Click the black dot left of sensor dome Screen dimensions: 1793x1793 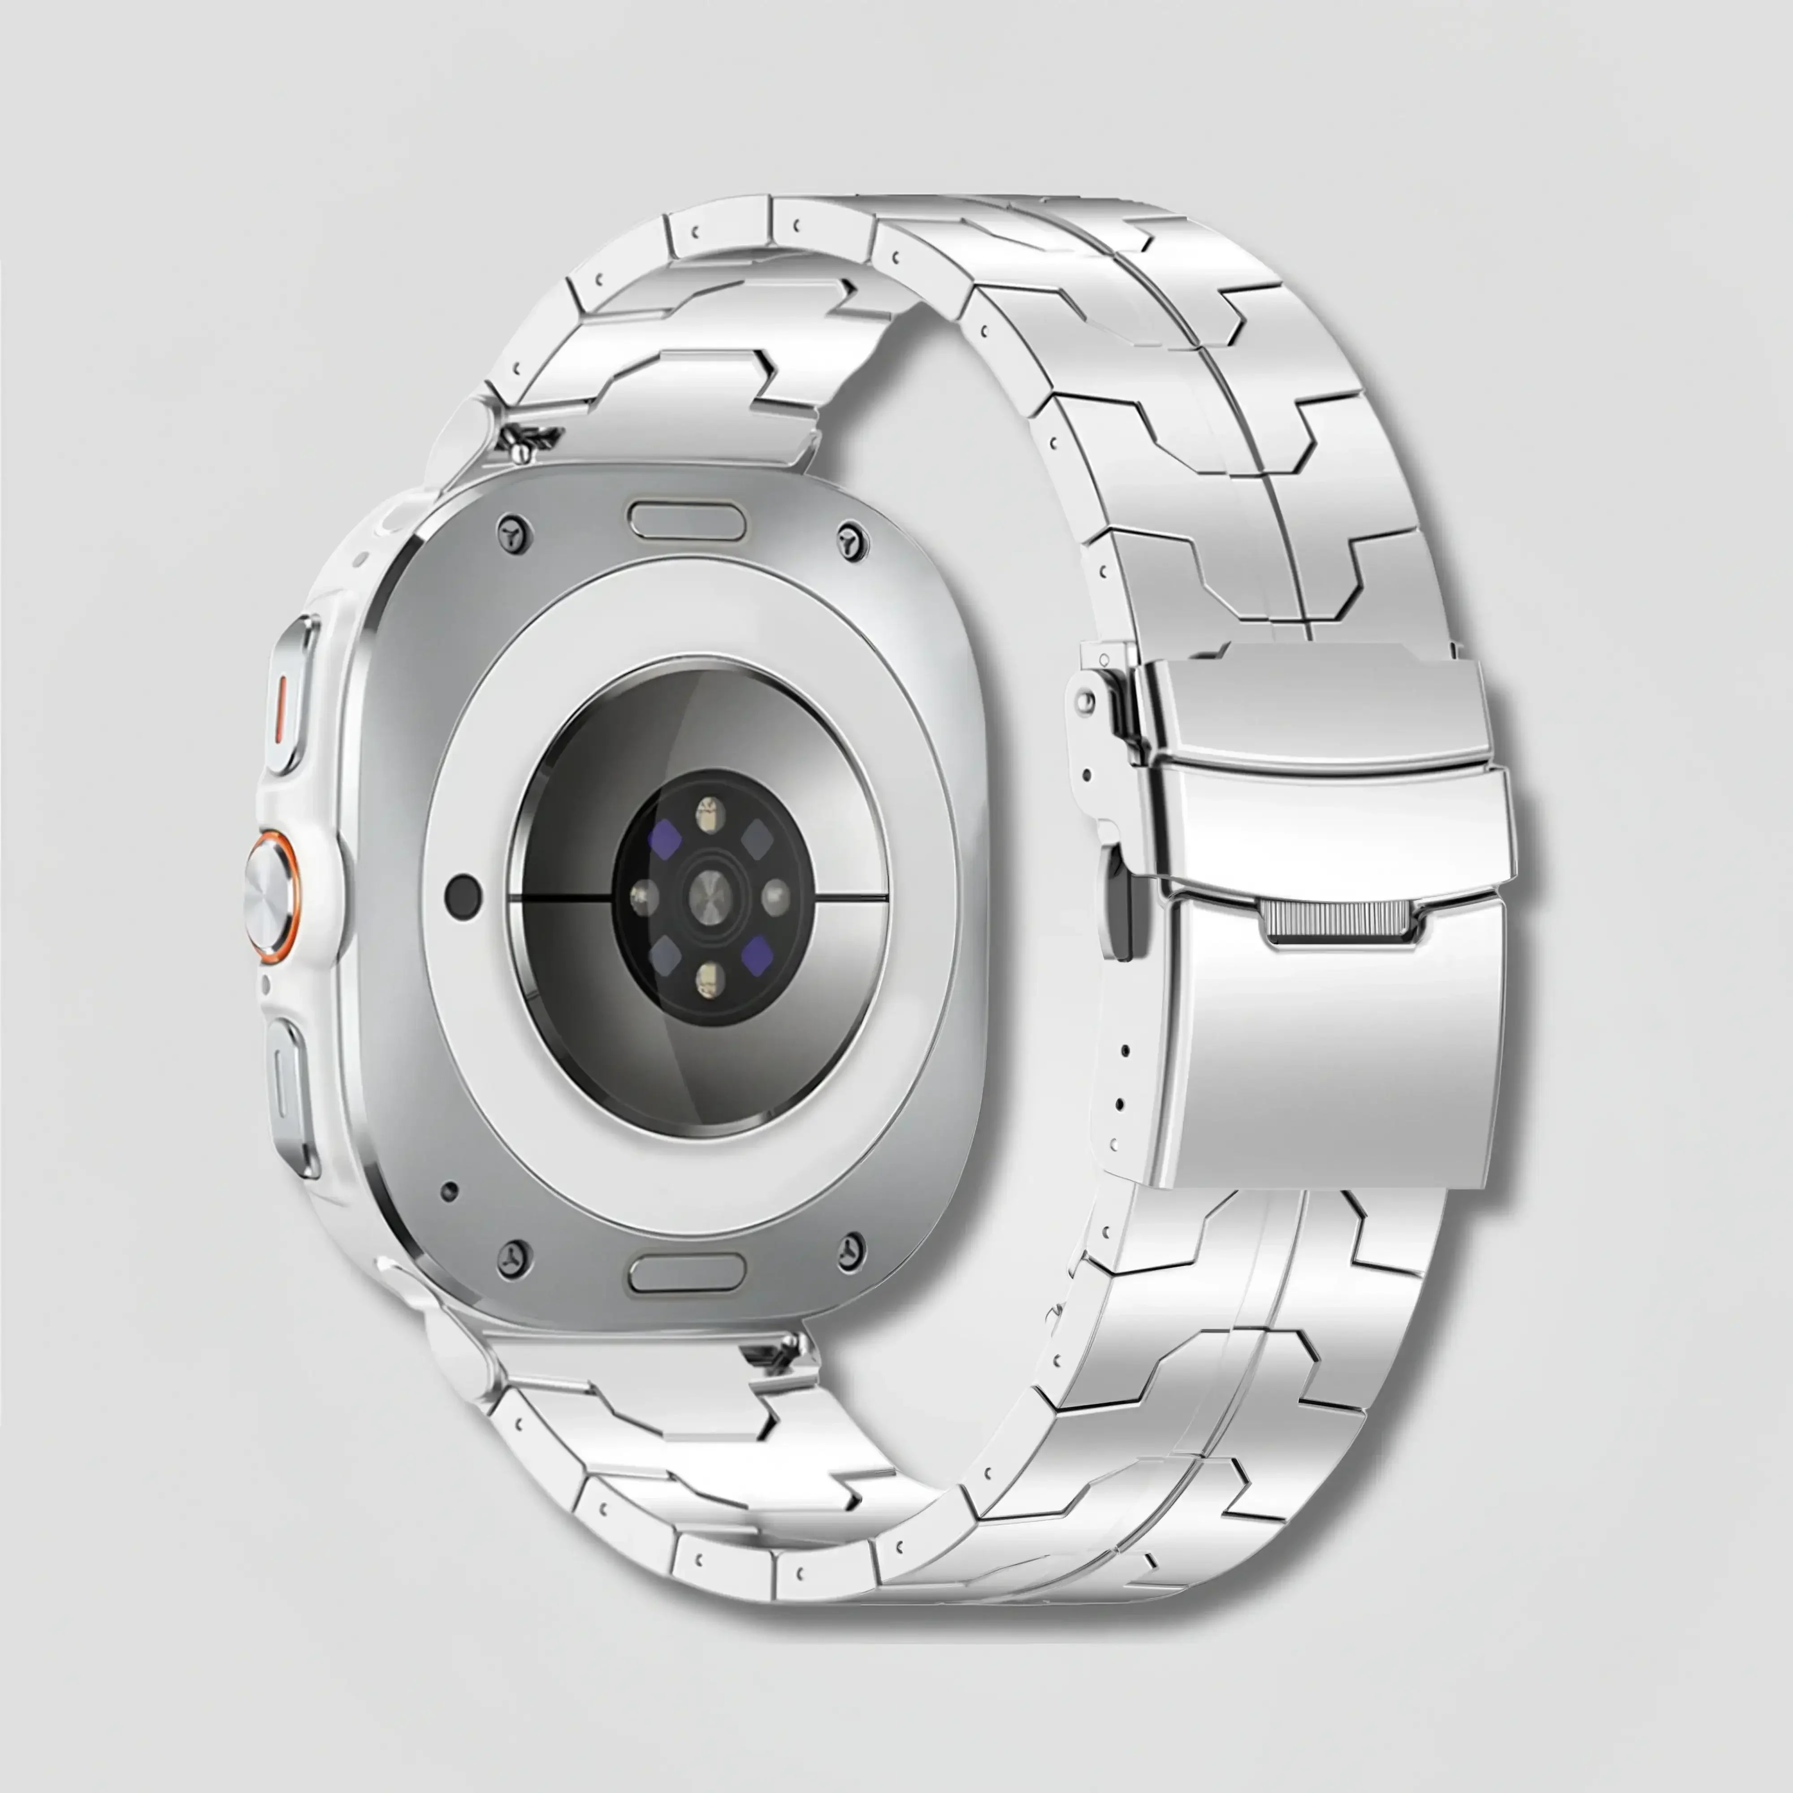(x=463, y=896)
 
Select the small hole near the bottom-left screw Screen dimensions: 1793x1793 (x=449, y=1191)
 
